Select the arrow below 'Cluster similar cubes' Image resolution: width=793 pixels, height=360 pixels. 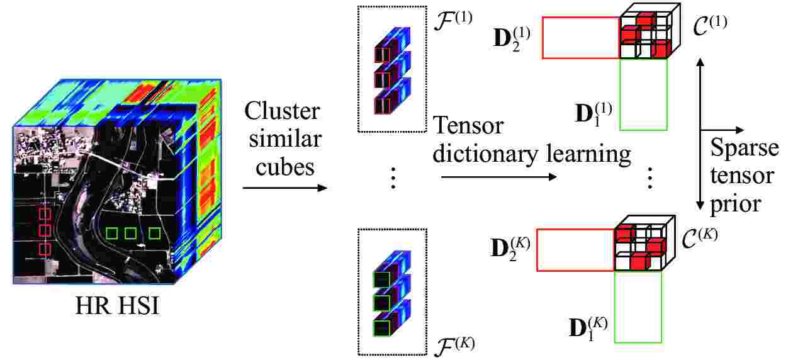click(285, 188)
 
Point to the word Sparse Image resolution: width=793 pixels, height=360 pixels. click(744, 149)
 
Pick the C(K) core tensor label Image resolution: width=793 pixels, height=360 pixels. click(700, 239)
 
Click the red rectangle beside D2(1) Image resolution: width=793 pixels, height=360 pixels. click(580, 38)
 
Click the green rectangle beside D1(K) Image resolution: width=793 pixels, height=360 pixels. click(638, 307)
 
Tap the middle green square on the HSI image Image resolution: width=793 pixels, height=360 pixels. click(130, 233)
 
